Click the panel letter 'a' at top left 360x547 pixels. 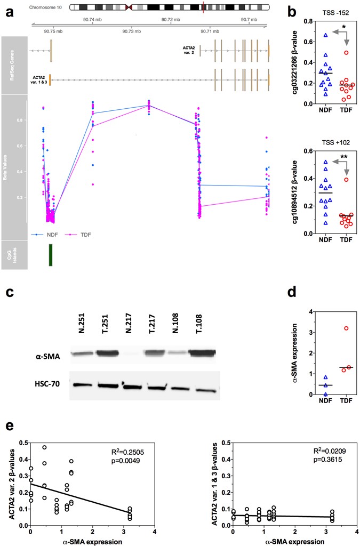9,11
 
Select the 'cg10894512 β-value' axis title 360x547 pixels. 295,192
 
